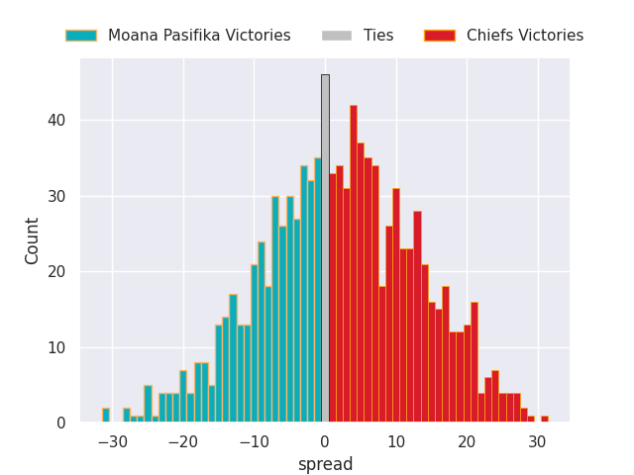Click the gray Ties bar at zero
tap(325, 247)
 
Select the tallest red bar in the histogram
tap(354, 263)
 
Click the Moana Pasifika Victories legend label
tap(199, 36)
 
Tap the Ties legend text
tap(378, 36)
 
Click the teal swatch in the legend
tap(81, 36)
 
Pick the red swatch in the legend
tap(440, 36)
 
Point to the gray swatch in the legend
tap(337, 36)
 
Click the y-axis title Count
tap(33, 240)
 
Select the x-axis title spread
tap(325, 464)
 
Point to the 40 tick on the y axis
tap(59, 121)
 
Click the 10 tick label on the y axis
tap(59, 347)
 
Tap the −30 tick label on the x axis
tap(112, 441)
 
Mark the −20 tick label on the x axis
tap(183, 441)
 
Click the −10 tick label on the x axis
tap(254, 441)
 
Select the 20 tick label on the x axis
tap(467, 441)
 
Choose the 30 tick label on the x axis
tap(537, 441)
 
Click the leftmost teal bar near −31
tap(106, 416)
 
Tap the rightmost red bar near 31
tap(544, 420)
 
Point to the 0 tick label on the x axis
tap(325, 441)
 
